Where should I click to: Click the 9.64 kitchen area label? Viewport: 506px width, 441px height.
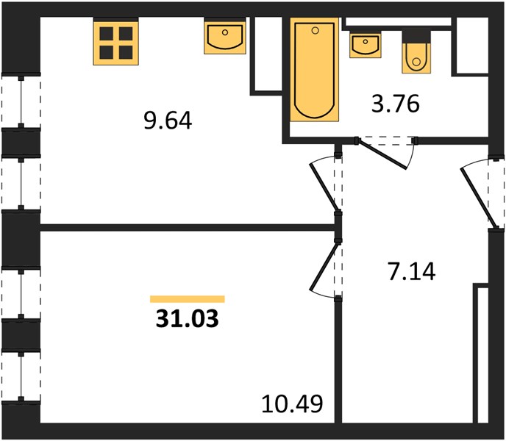point(168,121)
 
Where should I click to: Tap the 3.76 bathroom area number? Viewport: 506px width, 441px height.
point(396,104)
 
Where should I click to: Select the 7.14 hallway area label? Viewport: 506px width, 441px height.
point(412,272)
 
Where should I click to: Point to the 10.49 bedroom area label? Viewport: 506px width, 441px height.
point(292,404)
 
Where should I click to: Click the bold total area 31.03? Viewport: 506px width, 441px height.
point(187,319)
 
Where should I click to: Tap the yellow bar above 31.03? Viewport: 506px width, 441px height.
point(187,299)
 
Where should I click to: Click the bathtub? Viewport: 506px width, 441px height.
point(314,70)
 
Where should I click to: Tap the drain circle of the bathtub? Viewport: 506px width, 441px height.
point(316,31)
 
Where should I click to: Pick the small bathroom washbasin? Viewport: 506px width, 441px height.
point(366,45)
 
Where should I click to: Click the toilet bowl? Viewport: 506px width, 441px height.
point(416,58)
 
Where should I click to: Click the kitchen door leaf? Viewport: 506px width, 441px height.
point(324,187)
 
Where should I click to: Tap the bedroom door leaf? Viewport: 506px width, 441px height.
point(324,267)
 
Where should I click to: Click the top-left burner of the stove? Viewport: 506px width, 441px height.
point(106,34)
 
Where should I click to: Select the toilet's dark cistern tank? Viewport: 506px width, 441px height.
point(416,37)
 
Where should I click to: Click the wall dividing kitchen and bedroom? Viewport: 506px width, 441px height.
point(187,227)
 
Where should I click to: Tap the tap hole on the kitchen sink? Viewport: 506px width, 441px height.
point(225,32)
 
